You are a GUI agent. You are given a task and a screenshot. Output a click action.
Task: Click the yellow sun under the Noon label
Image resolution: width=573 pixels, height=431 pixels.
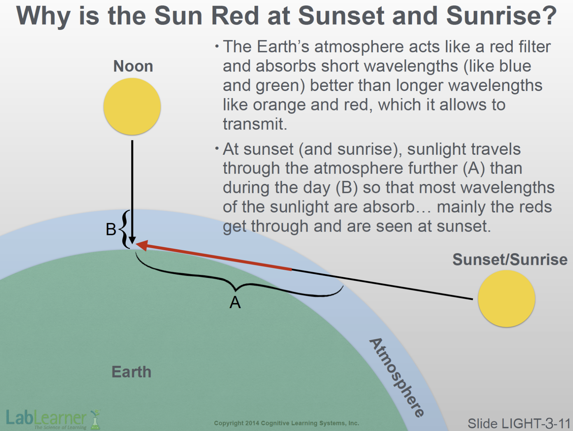point(132,106)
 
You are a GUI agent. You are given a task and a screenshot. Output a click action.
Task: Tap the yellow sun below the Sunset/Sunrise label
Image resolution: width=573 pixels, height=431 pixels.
point(506,298)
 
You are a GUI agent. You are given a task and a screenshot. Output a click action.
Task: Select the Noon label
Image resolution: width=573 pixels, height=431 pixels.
point(133,66)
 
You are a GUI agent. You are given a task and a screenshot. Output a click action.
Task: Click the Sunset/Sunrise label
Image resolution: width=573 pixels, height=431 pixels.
point(510,259)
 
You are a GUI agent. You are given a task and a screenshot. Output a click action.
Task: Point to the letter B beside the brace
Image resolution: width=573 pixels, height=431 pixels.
point(111,230)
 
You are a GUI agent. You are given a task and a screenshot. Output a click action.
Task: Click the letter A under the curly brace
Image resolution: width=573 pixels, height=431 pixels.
point(235,302)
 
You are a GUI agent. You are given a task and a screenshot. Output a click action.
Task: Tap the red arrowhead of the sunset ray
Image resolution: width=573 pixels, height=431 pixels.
point(142,245)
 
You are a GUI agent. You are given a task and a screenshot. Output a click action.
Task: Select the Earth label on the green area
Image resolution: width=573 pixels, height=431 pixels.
point(131,372)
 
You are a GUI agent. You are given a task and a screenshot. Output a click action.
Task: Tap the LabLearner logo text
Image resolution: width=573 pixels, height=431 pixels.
point(46,418)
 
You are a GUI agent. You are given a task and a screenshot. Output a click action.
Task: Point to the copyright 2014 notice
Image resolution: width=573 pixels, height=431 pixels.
point(286,423)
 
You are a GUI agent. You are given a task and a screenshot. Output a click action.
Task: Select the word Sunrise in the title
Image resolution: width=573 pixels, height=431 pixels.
point(502,15)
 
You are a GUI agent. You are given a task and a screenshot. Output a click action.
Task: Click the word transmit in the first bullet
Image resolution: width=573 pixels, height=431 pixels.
point(255,124)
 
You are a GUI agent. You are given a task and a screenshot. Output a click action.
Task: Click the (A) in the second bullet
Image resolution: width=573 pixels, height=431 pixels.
point(474,168)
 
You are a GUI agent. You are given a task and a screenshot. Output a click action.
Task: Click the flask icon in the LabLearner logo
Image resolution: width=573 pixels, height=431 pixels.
point(95,420)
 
